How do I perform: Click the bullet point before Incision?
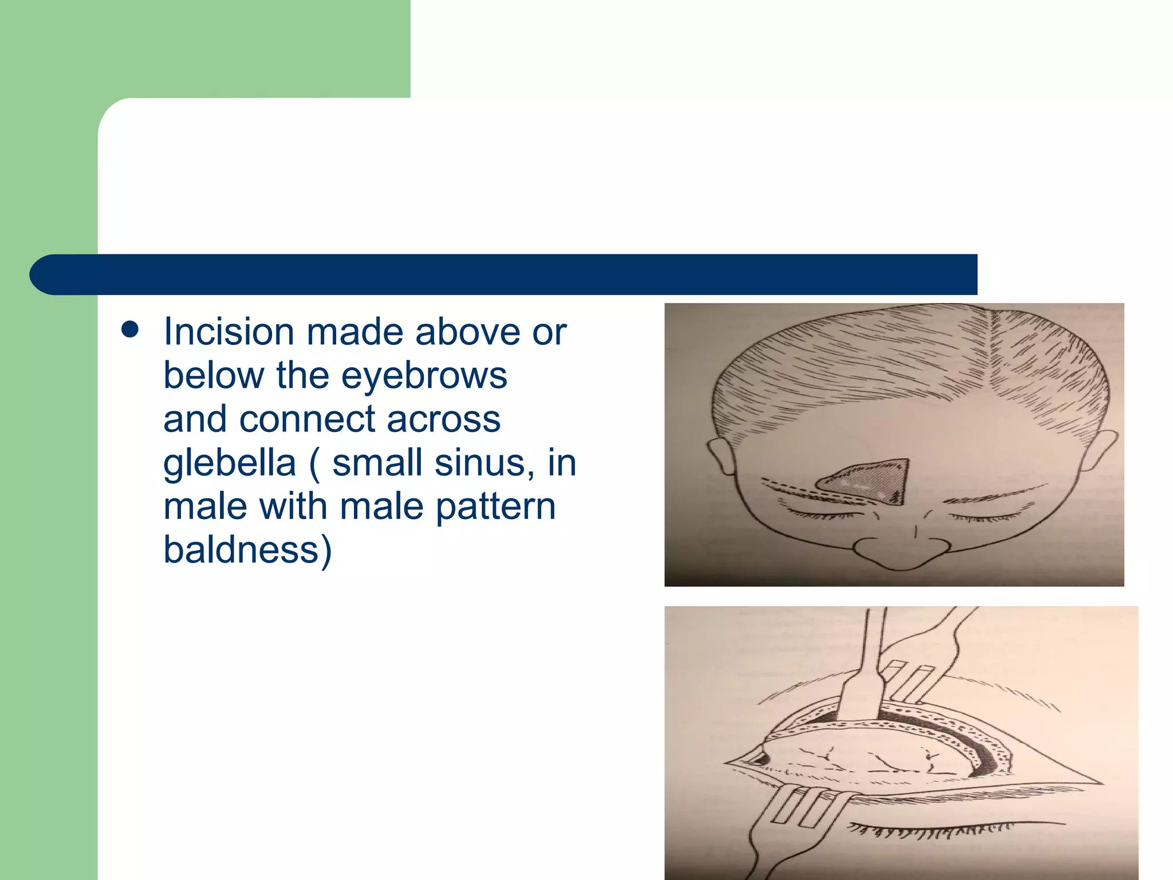[131, 330]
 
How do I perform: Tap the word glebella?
[229, 463]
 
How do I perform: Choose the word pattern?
[495, 506]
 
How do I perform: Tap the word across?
[444, 419]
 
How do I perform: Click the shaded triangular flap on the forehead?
[871, 480]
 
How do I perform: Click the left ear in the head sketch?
[721, 455]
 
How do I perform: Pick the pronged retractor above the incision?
[922, 665]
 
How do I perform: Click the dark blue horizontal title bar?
[504, 274]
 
